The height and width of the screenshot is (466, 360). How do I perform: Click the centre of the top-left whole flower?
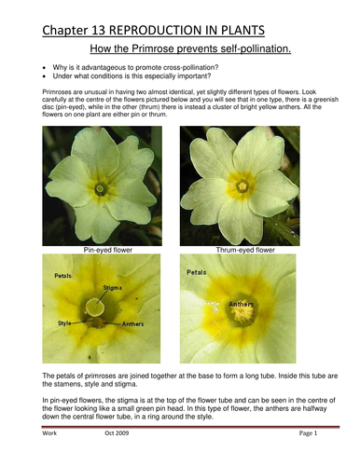tap(100, 187)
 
